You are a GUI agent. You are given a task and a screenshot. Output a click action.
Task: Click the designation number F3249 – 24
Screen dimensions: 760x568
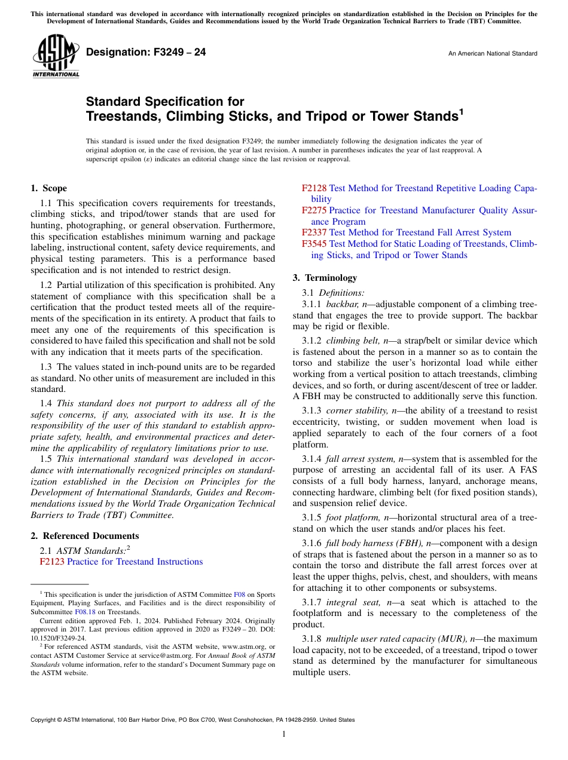(x=146, y=53)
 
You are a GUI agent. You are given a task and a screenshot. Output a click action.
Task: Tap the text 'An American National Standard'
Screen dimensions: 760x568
(x=492, y=54)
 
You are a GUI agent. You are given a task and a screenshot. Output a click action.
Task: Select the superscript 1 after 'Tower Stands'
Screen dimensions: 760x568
(x=460, y=111)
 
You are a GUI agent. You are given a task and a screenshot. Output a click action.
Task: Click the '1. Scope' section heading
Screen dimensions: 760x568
(x=48, y=188)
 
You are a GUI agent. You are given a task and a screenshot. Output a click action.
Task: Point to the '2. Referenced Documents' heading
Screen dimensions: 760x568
(x=84, y=536)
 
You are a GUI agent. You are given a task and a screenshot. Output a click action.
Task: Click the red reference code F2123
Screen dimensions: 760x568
(x=52, y=562)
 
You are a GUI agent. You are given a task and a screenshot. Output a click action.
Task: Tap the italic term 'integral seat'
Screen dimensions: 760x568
(x=349, y=603)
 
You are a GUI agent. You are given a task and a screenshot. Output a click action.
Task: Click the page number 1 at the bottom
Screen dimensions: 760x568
(x=284, y=734)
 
